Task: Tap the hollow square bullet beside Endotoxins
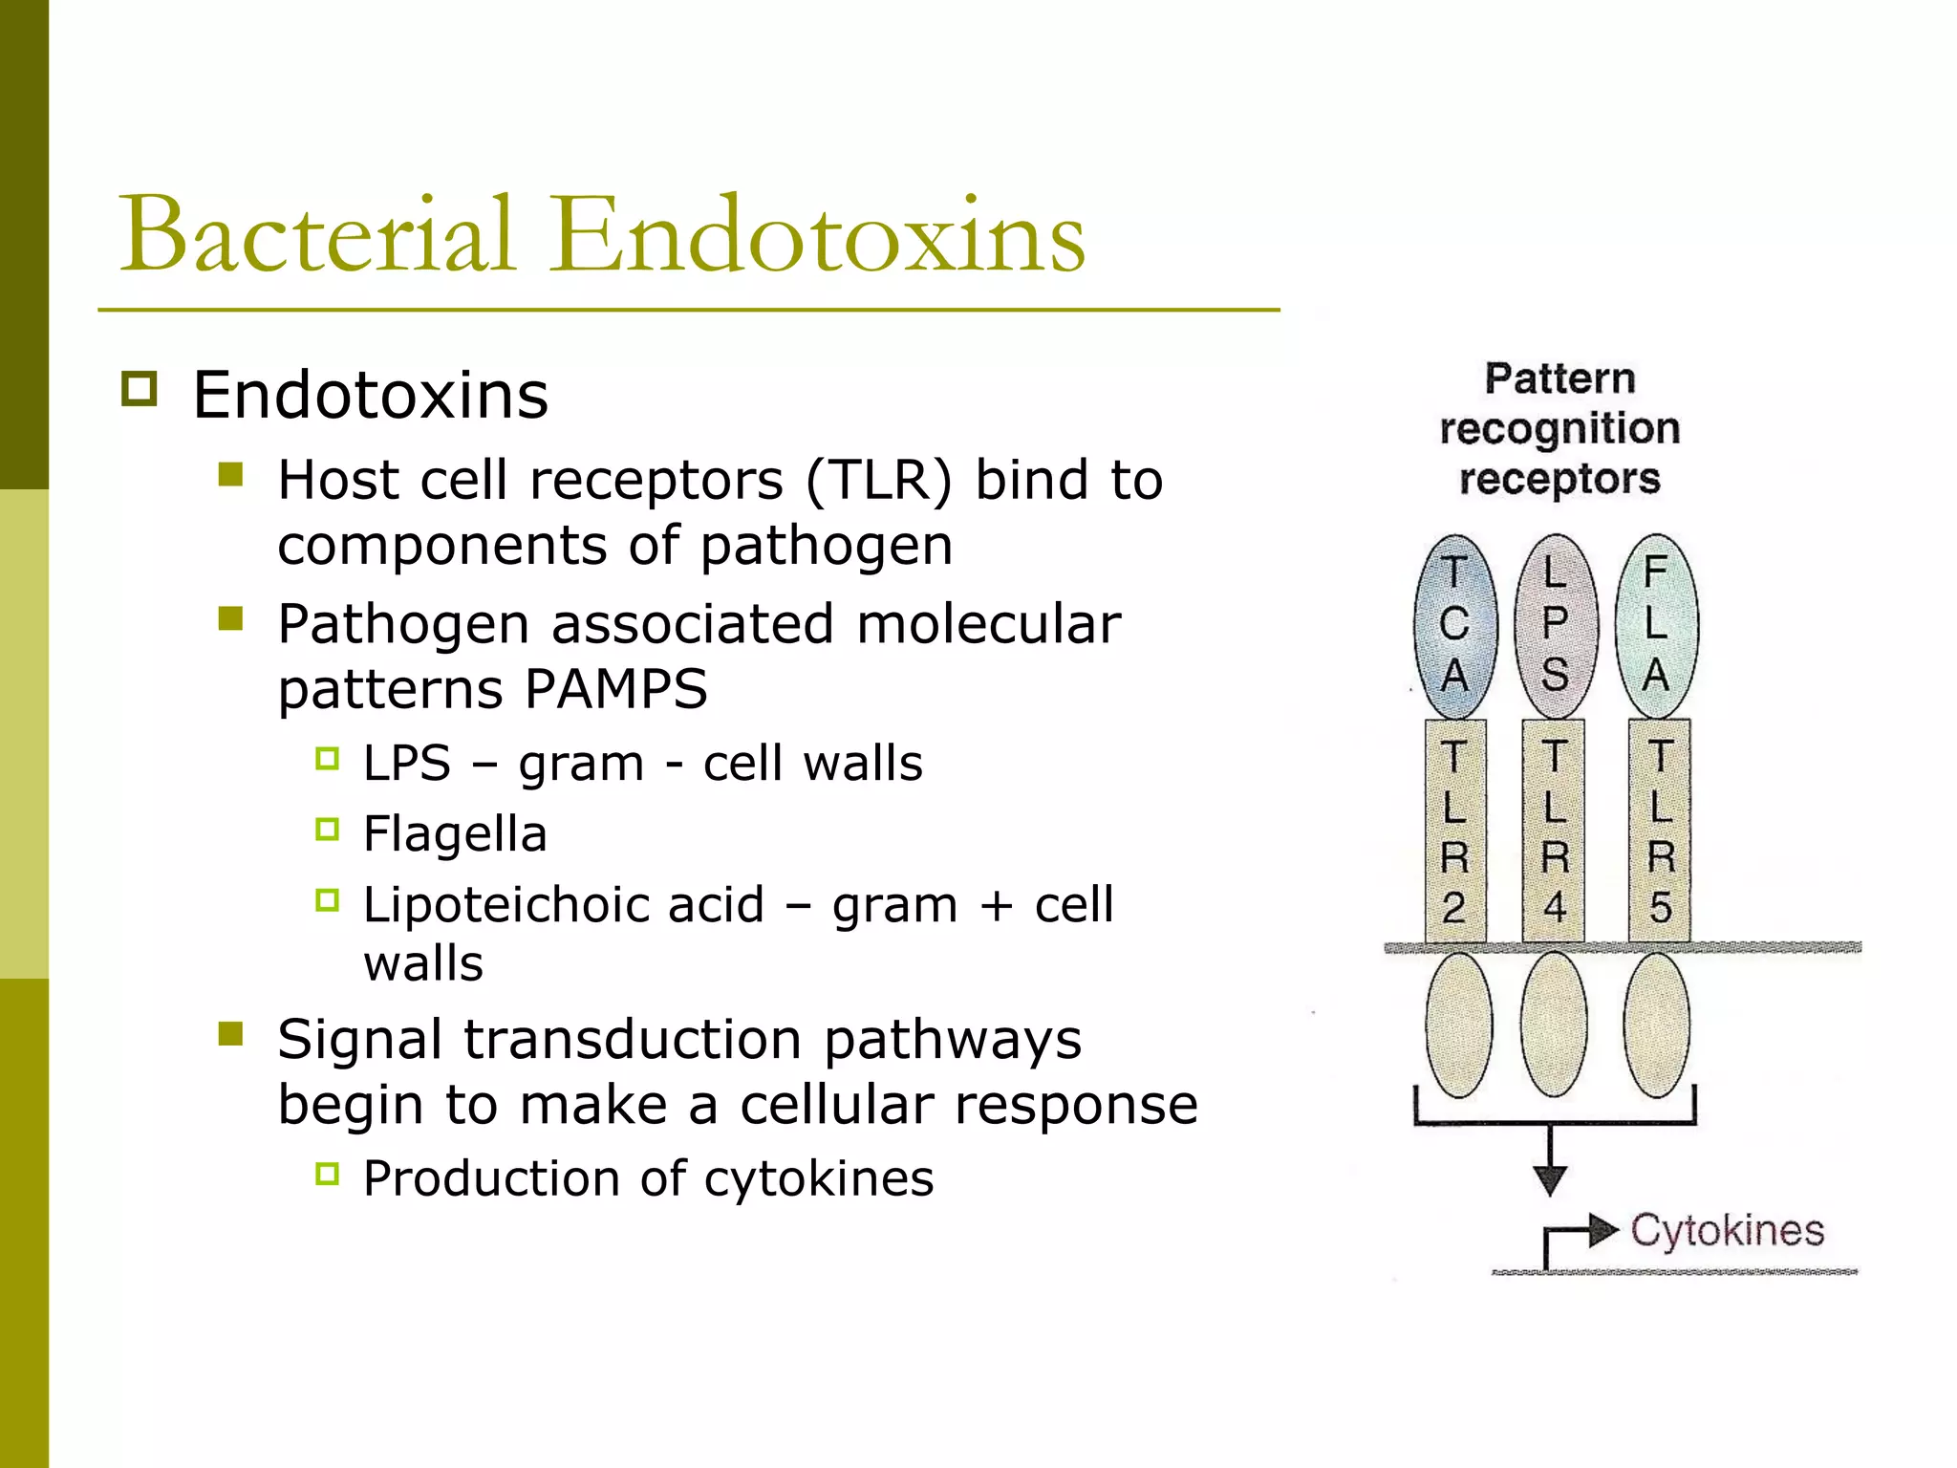tap(140, 390)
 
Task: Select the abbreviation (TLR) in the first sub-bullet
tap(878, 480)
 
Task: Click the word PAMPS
tap(616, 689)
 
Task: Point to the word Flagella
tap(455, 833)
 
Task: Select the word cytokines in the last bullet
tap(819, 1178)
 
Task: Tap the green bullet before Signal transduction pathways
tap(230, 1034)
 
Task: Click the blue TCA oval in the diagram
tap(1454, 626)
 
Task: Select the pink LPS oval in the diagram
tap(1556, 626)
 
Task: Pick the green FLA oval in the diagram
tap(1656, 626)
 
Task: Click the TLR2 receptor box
tap(1454, 830)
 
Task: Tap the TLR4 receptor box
tap(1555, 830)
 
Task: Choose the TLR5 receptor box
tap(1660, 830)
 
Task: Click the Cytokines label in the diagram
tap(1727, 1231)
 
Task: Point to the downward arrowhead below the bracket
tap(1550, 1179)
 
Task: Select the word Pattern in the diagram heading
tap(1559, 379)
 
